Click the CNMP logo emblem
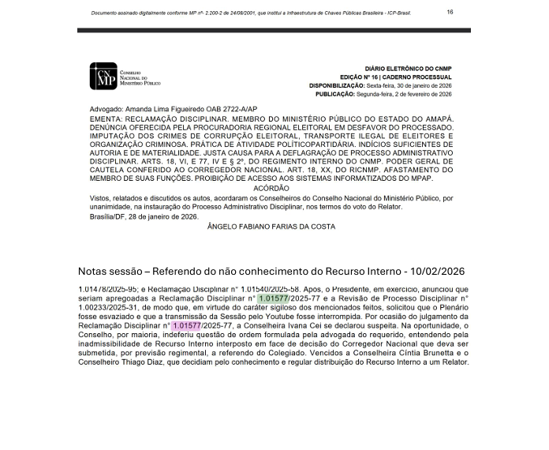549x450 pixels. click(x=103, y=77)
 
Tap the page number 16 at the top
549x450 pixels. click(x=450, y=13)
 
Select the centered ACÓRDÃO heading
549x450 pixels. click(x=271, y=188)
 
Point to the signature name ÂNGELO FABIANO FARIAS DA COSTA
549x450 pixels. click(x=271, y=227)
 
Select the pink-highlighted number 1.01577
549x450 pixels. click(x=187, y=325)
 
